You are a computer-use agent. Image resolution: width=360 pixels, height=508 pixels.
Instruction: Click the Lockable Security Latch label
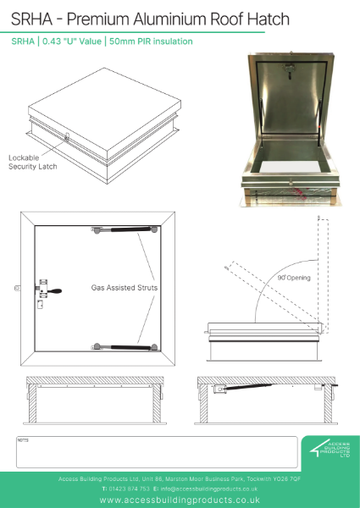click(32, 163)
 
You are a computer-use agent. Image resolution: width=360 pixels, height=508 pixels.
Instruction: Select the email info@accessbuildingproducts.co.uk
click(212, 489)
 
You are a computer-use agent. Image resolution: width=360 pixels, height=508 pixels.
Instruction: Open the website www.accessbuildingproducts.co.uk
click(179, 500)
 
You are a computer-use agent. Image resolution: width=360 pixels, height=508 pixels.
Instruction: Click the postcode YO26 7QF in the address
click(284, 478)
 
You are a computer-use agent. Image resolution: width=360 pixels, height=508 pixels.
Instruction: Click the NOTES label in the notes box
click(23, 441)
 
